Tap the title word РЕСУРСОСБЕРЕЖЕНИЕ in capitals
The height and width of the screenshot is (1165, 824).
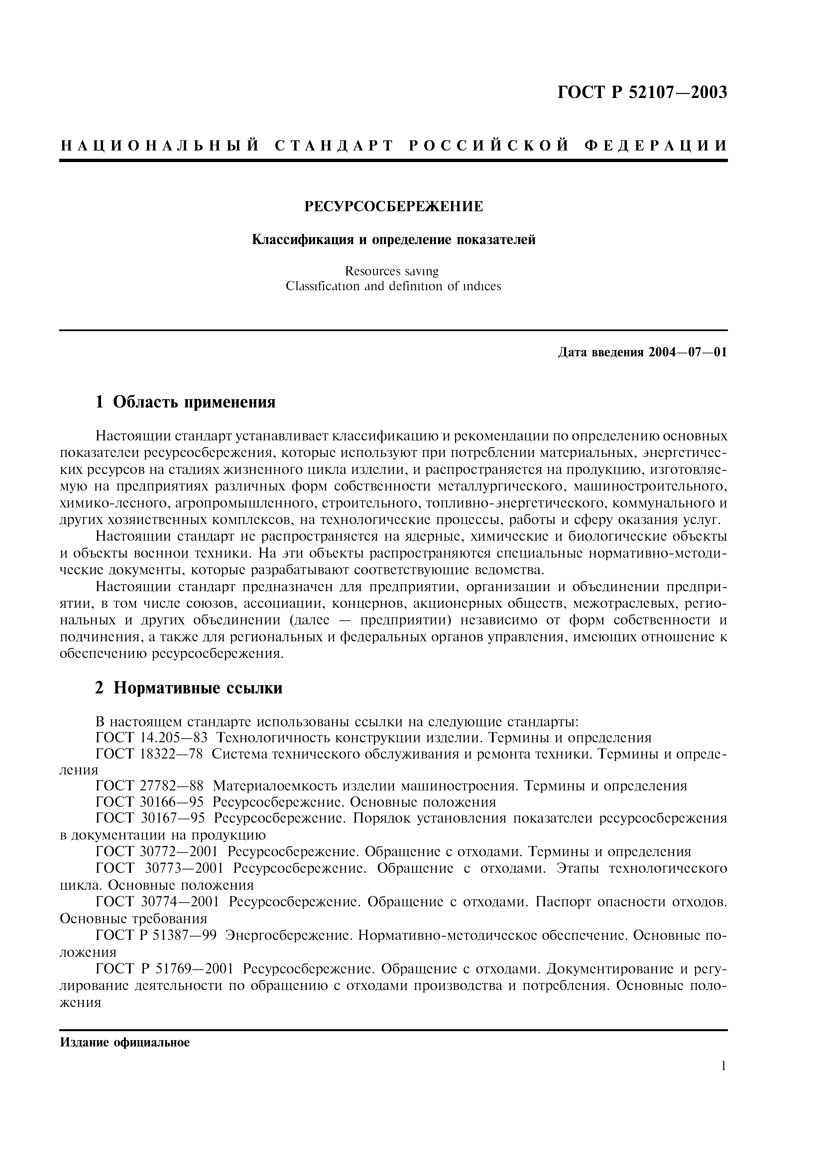394,207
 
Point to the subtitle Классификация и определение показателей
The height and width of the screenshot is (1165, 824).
394,239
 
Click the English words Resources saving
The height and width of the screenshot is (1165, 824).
392,271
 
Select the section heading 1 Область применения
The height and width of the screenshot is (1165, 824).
185,403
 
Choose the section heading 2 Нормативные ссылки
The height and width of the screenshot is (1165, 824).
188,688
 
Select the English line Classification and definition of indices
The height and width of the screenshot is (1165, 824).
394,286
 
